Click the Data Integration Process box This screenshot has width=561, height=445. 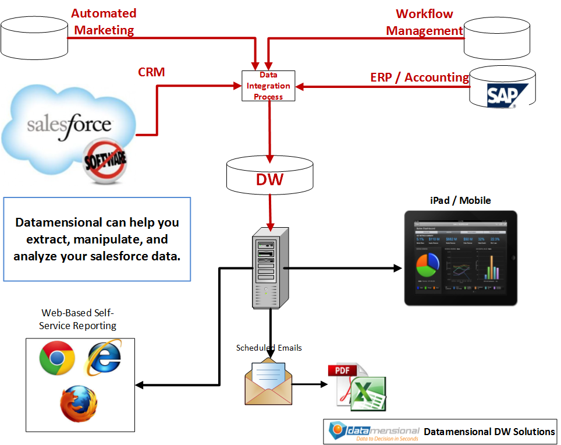[268, 86]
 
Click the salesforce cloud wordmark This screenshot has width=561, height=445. [69, 124]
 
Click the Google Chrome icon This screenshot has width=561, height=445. [57, 358]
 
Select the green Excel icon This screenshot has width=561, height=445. [368, 394]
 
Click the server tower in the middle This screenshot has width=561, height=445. [269, 267]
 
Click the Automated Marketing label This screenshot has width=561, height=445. [104, 22]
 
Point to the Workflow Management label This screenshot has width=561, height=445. [424, 22]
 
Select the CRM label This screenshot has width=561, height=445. [151, 72]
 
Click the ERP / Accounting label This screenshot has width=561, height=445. [420, 77]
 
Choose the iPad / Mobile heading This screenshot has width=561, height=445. [460, 200]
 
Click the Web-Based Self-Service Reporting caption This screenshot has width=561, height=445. [78, 320]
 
